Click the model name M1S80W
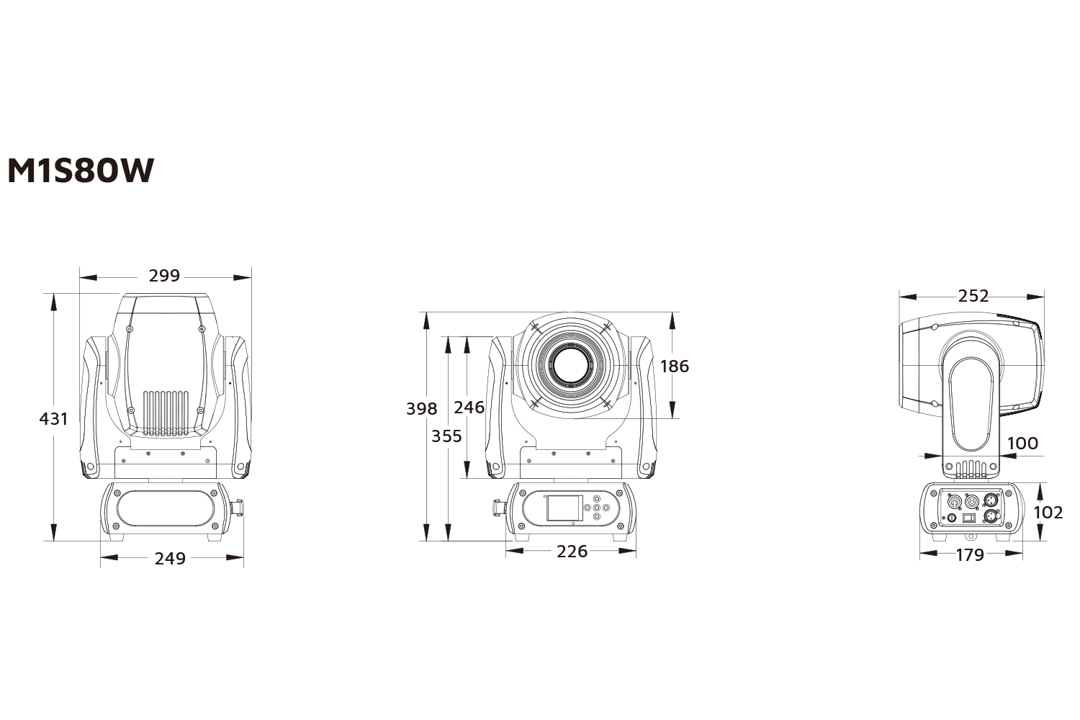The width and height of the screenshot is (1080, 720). tap(81, 171)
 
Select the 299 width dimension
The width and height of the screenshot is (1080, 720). tap(164, 276)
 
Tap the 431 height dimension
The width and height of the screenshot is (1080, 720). tap(53, 418)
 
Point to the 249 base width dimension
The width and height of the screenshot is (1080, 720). tap(170, 558)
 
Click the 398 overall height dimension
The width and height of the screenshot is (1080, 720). tap(421, 409)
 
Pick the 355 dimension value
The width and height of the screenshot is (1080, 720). tap(446, 436)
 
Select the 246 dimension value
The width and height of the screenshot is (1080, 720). tap(469, 408)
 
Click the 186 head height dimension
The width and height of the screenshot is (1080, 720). tap(674, 366)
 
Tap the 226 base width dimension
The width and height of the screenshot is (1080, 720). tap(572, 552)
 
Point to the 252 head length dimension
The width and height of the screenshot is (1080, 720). tap(973, 296)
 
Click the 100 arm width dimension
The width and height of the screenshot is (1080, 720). tap(1022, 443)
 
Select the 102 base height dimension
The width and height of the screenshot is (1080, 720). tap(1048, 512)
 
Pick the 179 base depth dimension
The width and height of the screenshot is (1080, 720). tap(970, 555)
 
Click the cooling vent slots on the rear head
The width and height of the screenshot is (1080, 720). tap(166, 413)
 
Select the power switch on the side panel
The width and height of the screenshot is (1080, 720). tap(969, 517)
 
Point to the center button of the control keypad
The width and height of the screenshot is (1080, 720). tap(596, 508)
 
